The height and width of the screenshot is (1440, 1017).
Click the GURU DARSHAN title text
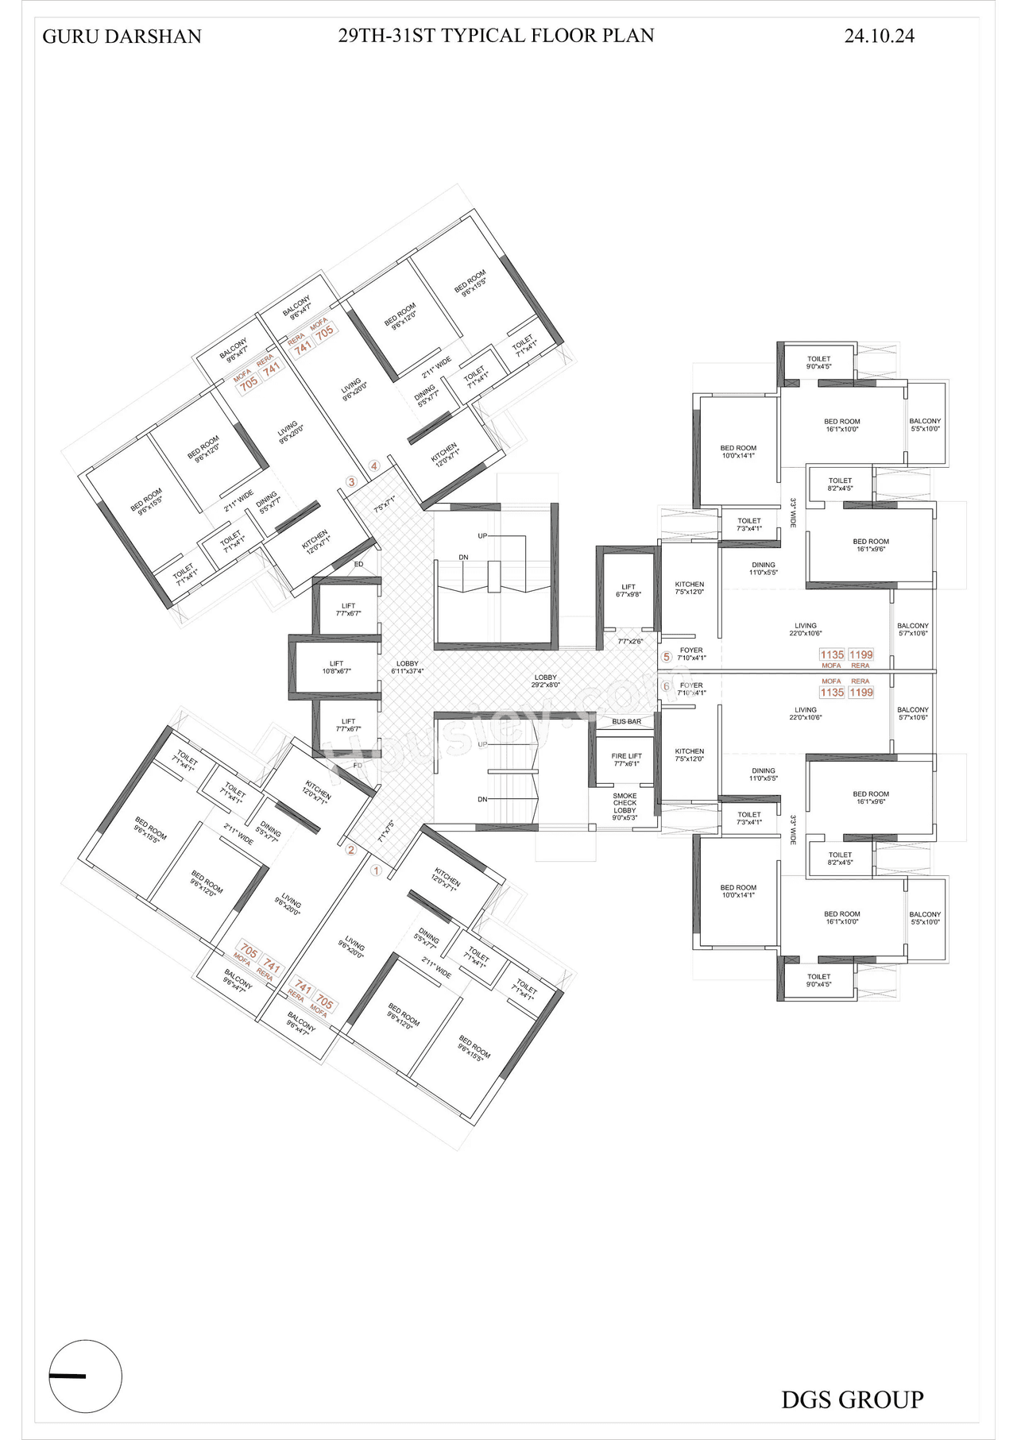point(122,37)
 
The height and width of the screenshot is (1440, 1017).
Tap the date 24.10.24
point(879,36)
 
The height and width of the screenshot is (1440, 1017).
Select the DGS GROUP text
point(852,1399)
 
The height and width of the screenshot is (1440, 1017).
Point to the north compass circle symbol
point(86,1376)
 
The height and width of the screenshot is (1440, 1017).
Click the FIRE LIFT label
point(626,759)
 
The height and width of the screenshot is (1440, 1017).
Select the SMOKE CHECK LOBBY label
point(625,806)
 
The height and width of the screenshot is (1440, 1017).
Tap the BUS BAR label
point(626,721)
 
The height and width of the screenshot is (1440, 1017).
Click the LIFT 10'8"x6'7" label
point(336,667)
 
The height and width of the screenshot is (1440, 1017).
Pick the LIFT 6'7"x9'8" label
point(628,590)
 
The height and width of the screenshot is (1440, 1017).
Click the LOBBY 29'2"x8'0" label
point(545,681)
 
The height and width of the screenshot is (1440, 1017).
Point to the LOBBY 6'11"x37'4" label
point(407,667)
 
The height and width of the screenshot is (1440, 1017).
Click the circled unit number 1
point(376,871)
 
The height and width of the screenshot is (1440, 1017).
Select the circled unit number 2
point(350,850)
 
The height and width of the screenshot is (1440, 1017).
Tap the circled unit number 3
point(351,481)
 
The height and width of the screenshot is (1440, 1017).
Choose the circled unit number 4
point(373,466)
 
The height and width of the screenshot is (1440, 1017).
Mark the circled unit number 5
point(667,657)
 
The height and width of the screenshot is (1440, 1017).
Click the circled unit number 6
point(667,686)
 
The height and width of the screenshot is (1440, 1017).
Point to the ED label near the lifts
point(358,564)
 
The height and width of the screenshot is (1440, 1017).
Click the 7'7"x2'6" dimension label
point(629,641)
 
